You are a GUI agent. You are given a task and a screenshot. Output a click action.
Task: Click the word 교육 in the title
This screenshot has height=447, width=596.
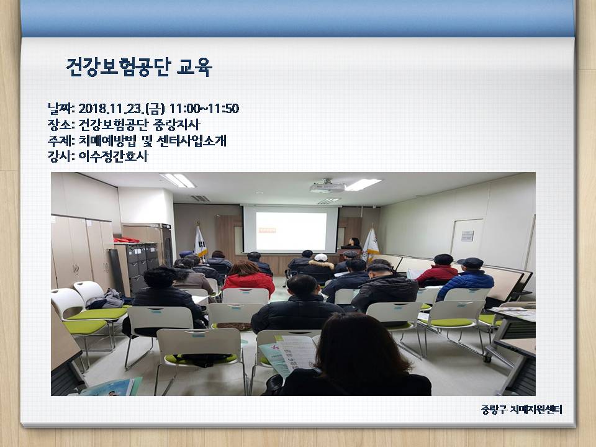click(x=194, y=68)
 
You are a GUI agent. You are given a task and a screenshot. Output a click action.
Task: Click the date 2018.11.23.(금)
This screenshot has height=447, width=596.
click(x=122, y=109)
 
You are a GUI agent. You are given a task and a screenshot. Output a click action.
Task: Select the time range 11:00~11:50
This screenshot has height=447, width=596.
click(x=204, y=109)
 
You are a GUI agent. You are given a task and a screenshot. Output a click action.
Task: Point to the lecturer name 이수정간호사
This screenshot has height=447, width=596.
click(x=113, y=156)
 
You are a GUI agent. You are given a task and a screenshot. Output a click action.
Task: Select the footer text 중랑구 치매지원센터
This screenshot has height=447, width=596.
click(x=521, y=409)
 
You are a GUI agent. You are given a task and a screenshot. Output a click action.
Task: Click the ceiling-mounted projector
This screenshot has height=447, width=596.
click(x=327, y=186)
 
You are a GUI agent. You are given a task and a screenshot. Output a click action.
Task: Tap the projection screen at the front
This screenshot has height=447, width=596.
click(x=291, y=230)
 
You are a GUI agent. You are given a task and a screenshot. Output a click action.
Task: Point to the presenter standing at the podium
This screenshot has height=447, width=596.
click(x=353, y=243)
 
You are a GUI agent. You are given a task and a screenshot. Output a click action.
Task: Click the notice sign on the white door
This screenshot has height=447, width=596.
click(x=467, y=236)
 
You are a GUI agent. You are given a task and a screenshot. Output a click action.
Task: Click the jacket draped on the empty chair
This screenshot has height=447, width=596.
click(x=106, y=299)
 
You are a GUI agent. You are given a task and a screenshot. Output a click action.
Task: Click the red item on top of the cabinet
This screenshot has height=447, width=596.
click(x=126, y=240)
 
